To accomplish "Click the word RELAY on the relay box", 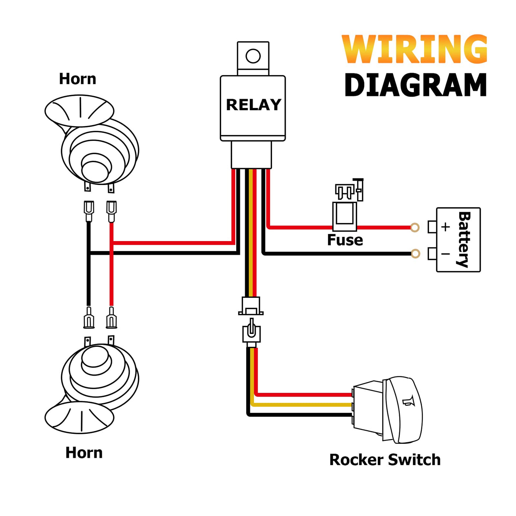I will tap(254, 105).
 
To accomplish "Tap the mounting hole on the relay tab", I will tap(253, 56).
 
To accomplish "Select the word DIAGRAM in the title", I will tap(415, 85).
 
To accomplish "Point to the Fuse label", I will tap(345, 240).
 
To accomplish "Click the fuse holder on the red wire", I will tap(345, 216).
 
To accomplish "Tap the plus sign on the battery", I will tap(445, 227).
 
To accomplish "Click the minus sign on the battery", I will tap(445, 254).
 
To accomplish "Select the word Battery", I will tap(464, 240).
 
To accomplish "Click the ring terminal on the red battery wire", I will tap(415, 227).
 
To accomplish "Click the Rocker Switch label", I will tap(385, 460).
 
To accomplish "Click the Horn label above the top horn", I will tap(77, 79).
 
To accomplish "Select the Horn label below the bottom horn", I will tap(84, 453).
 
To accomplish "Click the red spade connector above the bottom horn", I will tap(111, 318).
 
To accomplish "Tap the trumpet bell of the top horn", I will tap(79, 111).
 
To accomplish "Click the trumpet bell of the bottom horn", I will tap(79, 418).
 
